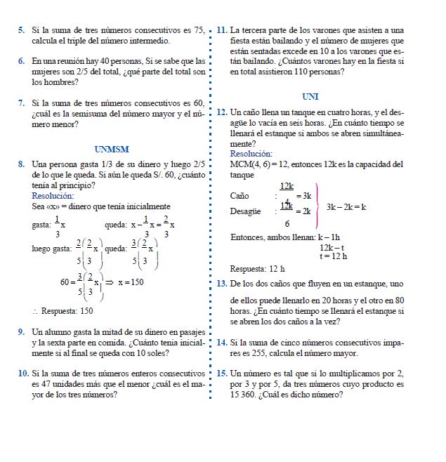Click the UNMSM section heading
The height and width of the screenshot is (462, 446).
pyautogui.click(x=111, y=149)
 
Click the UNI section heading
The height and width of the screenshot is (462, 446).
pyautogui.click(x=310, y=96)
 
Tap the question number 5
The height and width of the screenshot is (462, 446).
pyautogui.click(x=22, y=30)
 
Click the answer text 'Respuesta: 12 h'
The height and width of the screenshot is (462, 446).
pyautogui.click(x=258, y=269)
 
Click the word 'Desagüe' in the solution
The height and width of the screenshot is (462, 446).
pyautogui.click(x=245, y=211)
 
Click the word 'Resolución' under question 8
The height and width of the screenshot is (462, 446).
pyautogui.click(x=53, y=196)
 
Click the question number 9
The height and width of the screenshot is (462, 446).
pyautogui.click(x=22, y=331)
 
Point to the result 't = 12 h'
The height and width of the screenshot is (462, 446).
pyautogui.click(x=334, y=257)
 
